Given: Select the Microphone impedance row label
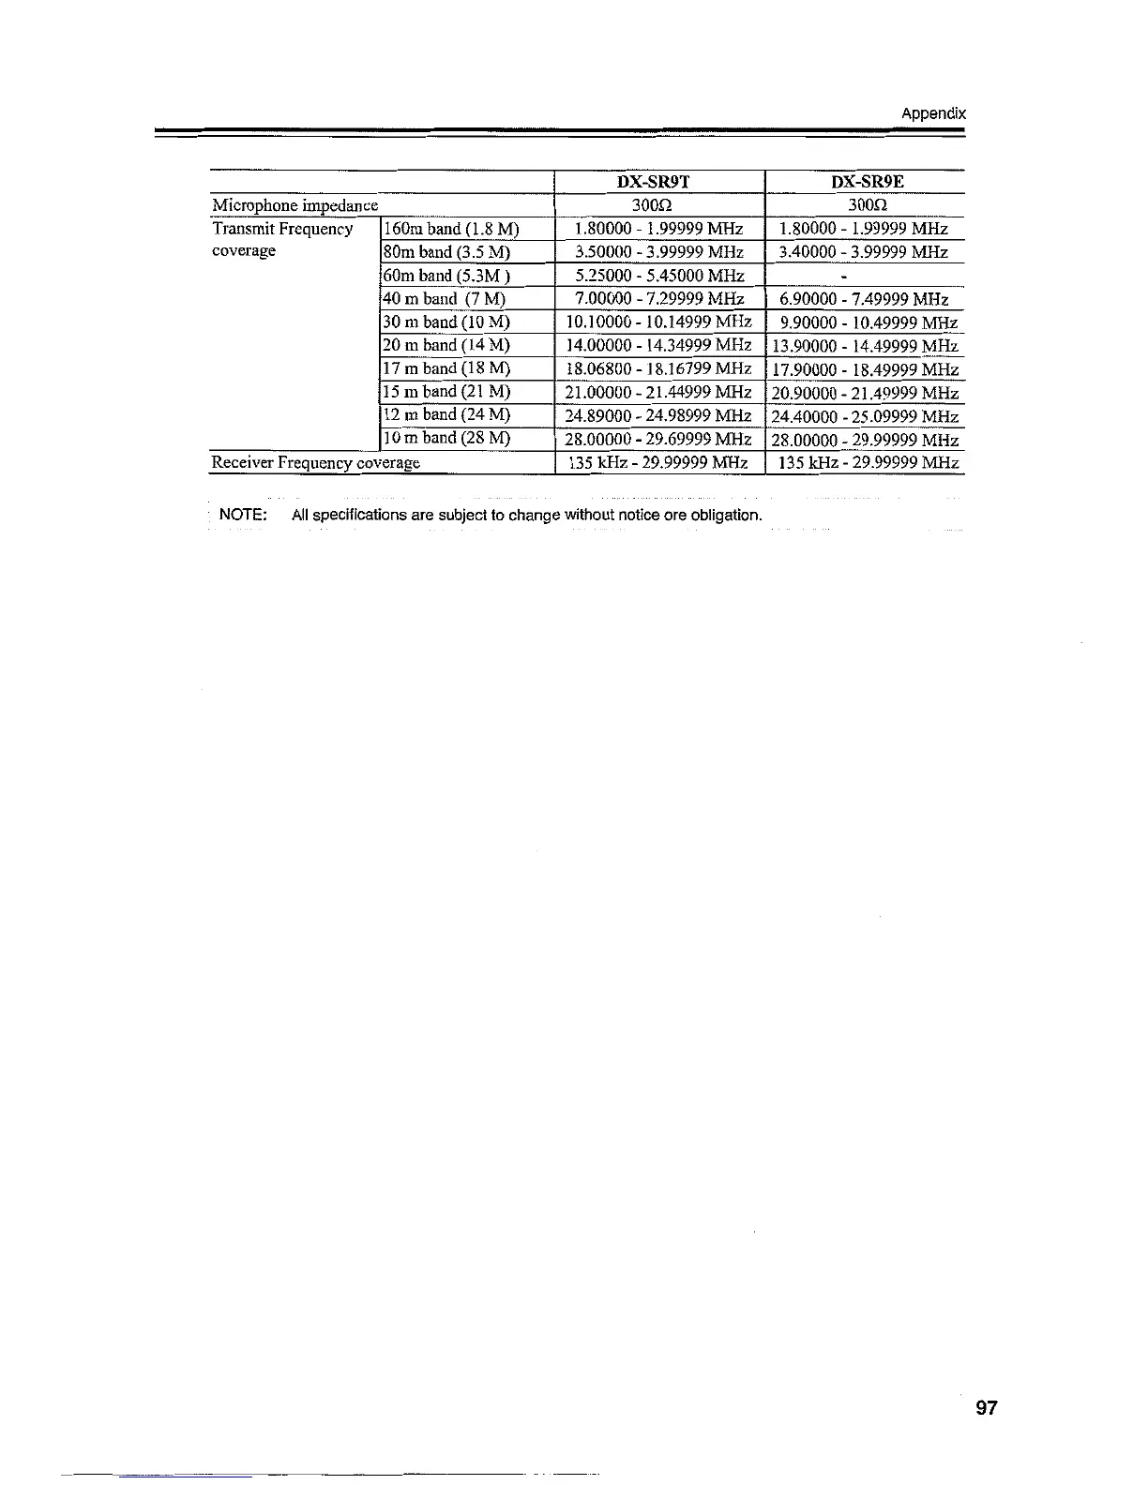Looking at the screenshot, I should (x=295, y=205).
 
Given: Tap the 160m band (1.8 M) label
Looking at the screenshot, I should (x=450, y=229).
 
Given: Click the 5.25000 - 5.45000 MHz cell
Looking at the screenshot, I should (x=659, y=276).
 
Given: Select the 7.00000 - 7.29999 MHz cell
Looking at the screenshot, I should (x=659, y=299).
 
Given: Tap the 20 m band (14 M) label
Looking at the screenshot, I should (x=446, y=345).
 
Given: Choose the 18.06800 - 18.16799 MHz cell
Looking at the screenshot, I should (x=658, y=368).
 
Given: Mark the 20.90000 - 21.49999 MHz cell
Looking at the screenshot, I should (x=865, y=393).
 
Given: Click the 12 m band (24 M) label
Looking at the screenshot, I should (x=446, y=414).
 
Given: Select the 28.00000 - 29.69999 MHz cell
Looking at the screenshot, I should (x=658, y=439).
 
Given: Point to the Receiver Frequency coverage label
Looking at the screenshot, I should (x=316, y=462).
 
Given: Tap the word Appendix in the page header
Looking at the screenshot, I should (x=932, y=114).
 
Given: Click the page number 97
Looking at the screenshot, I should (x=987, y=1408).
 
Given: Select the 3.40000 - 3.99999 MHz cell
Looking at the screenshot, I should (x=864, y=252).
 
